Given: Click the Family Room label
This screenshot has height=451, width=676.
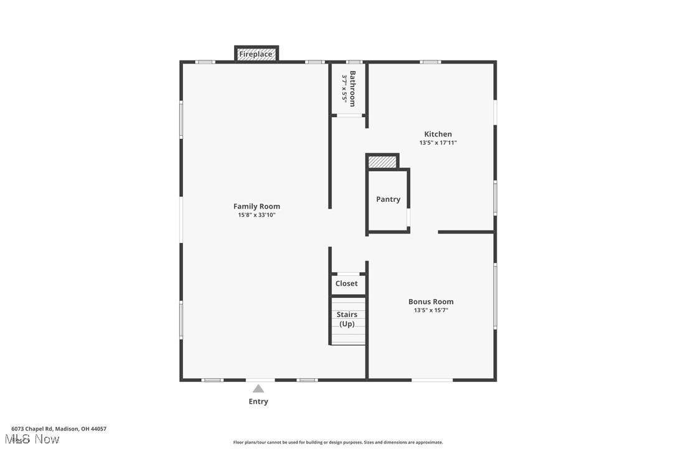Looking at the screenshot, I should (x=256, y=206).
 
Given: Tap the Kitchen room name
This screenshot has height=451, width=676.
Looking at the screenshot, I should (x=438, y=134).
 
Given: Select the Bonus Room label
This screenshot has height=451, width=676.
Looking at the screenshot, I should (x=431, y=301).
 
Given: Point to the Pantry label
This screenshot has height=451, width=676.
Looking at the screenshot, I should (x=388, y=199).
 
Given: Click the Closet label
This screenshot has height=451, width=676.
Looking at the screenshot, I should (x=347, y=283).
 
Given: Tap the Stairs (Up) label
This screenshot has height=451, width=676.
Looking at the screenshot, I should (x=347, y=319).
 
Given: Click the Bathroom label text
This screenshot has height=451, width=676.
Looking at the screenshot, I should (x=352, y=88).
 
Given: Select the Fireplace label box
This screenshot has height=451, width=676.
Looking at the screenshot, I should (x=256, y=54).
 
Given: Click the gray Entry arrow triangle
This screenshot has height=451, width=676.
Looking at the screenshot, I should (x=258, y=389).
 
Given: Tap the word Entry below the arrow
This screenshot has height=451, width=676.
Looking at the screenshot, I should (x=258, y=402).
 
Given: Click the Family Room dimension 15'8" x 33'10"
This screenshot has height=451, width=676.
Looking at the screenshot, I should (x=256, y=216).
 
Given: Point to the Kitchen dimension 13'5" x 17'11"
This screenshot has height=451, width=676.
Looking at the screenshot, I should (x=438, y=143).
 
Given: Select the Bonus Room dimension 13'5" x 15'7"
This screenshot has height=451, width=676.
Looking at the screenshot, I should (x=431, y=310).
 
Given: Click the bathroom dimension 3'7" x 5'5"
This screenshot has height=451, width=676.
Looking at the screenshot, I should (x=344, y=88).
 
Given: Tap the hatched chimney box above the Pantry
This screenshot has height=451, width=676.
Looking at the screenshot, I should (x=382, y=162).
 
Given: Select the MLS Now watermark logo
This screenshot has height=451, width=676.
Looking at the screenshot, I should (x=35, y=440).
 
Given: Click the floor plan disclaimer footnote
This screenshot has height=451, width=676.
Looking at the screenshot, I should (x=338, y=442).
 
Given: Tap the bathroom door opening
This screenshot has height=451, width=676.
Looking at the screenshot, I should (x=349, y=115).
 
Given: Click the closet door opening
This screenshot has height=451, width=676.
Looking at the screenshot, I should (x=348, y=273).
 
